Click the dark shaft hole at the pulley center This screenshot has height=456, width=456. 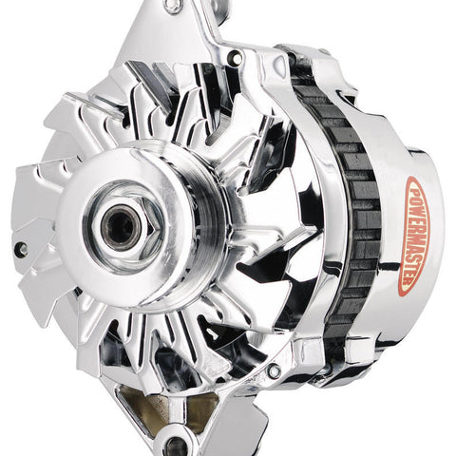point(122,227)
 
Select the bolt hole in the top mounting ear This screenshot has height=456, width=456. point(173,7)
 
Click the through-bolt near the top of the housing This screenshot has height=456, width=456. point(236,58)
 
